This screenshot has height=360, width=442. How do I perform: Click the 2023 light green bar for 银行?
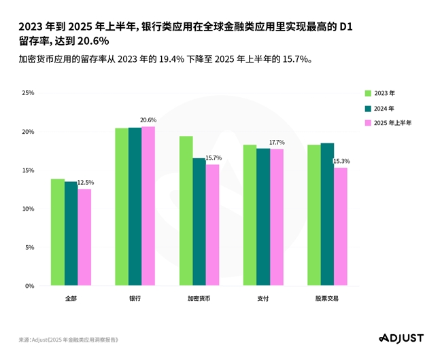122,207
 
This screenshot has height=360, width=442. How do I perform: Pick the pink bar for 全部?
84,238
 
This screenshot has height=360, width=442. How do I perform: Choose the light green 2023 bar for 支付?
250,215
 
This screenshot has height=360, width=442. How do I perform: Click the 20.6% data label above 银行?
148,120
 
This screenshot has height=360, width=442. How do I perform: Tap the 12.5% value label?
86,183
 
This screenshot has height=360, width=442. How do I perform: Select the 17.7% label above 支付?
277,143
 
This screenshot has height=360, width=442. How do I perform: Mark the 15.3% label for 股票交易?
341,161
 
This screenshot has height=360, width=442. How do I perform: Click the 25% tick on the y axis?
28,92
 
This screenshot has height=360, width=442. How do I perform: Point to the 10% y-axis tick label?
28,209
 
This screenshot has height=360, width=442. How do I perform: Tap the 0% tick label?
29,286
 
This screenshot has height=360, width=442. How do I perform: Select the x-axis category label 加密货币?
199,299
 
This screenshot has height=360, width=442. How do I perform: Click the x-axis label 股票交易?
327,299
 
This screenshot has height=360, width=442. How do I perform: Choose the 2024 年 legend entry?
384,108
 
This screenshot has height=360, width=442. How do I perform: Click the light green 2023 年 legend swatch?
367,93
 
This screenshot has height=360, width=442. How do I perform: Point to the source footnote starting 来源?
68,338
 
